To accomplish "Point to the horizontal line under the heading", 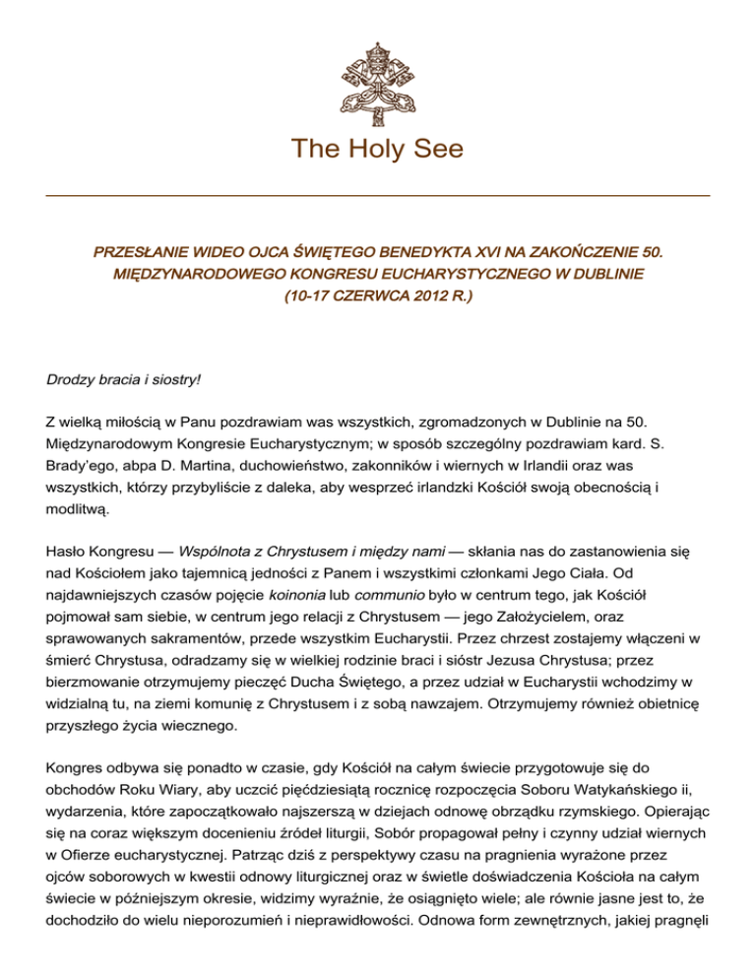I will point(378,196).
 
